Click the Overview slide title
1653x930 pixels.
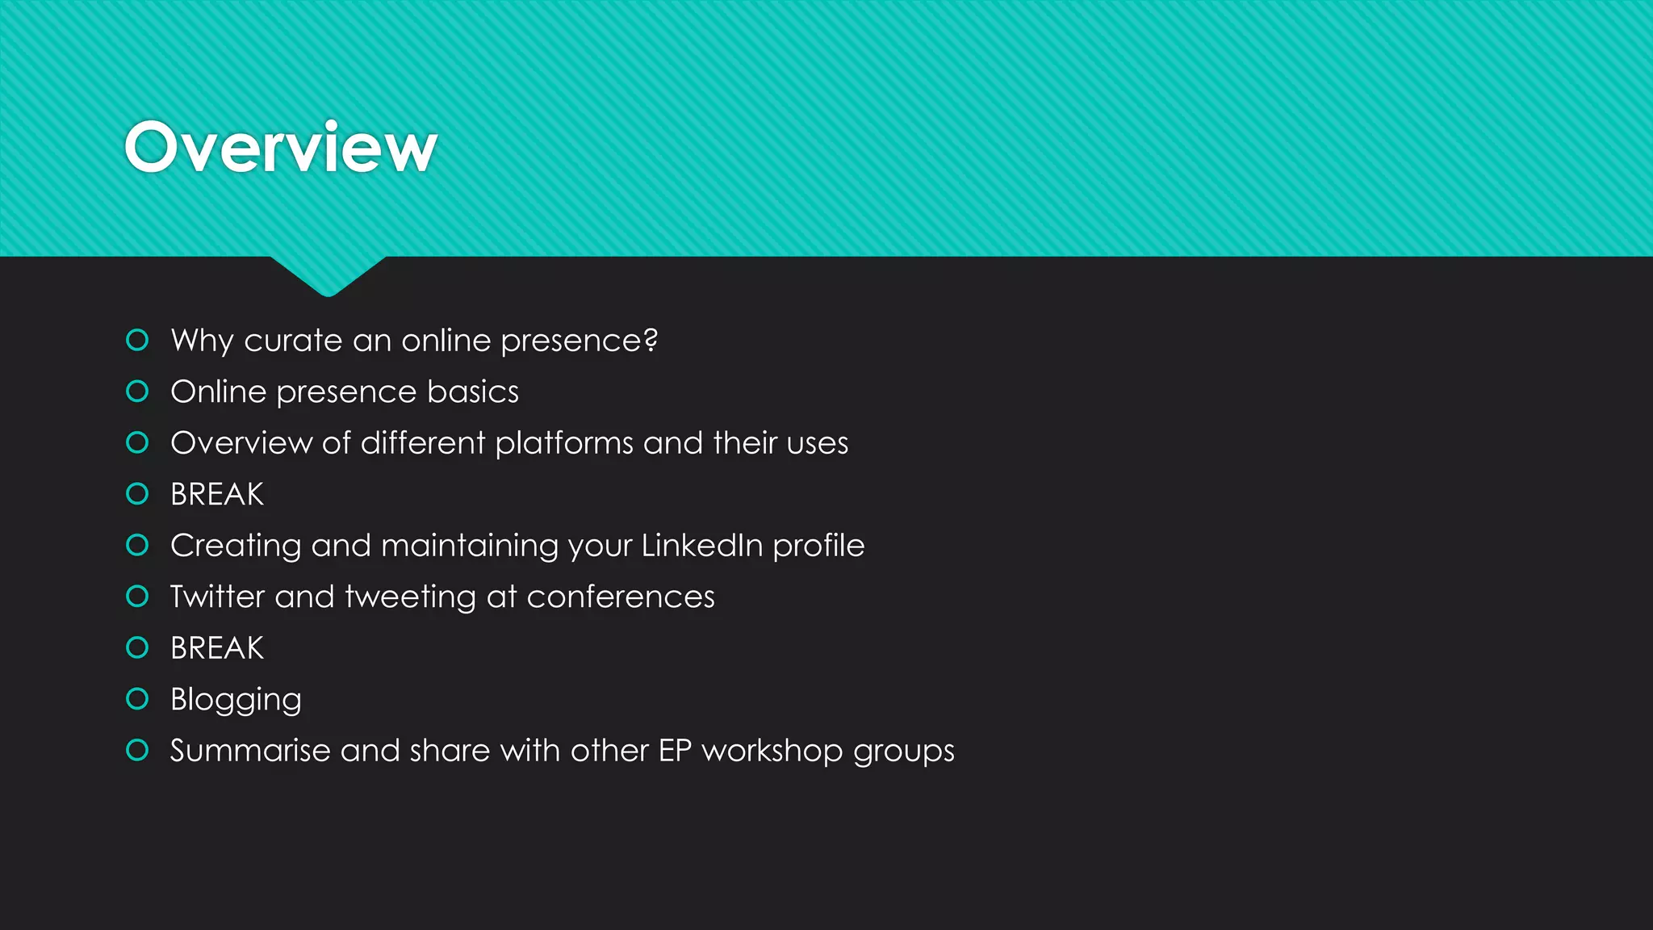pos(280,148)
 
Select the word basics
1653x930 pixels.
pos(472,392)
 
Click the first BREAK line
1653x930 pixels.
pos(217,494)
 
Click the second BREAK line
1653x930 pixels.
pos(217,648)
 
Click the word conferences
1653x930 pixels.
pos(620,597)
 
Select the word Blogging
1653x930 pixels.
pos(236,700)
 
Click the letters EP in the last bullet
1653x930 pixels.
pos(675,751)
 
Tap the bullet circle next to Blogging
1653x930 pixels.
pos(138,699)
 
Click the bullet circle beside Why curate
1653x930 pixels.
pos(138,340)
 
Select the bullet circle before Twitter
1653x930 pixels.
pos(138,597)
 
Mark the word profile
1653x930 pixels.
pos(818,546)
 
